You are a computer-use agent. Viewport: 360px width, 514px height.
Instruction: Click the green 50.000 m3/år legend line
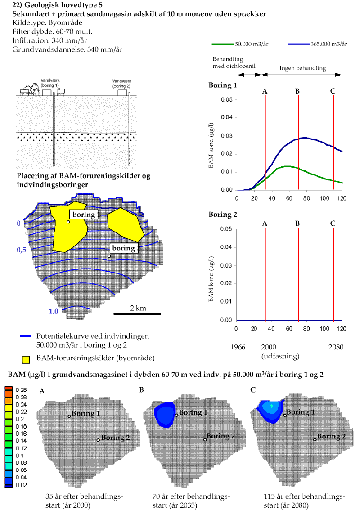coord(223,44)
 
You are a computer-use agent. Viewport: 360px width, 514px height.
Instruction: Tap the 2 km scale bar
coord(137,313)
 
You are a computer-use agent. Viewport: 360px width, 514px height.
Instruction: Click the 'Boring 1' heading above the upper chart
coord(223,85)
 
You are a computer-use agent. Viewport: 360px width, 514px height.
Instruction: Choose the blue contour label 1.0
coord(54,311)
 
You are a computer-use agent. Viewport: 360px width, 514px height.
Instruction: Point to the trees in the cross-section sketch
coord(33,88)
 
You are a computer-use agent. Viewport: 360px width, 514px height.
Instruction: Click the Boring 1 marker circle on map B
coord(177,415)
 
